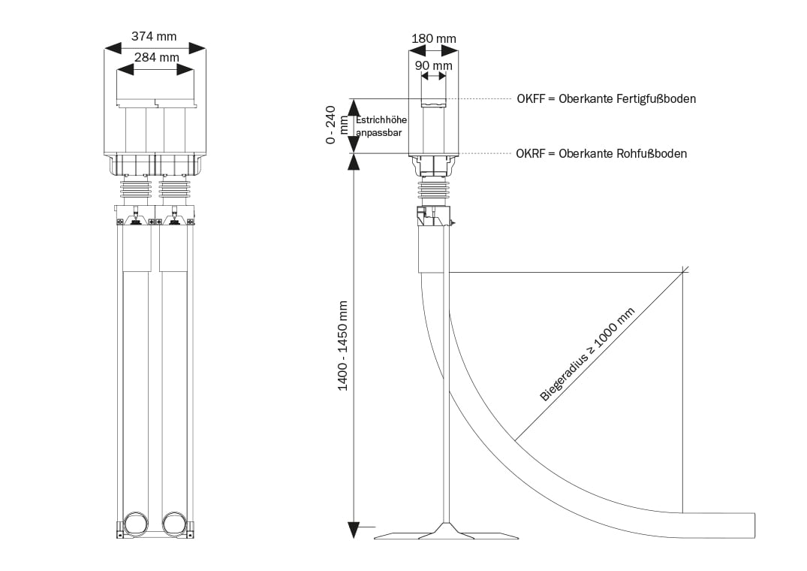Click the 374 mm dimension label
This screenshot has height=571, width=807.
coord(155,35)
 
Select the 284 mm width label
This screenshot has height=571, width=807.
coord(156,57)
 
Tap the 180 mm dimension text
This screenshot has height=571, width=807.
coord(433,38)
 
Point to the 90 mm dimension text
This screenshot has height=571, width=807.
coord(433,65)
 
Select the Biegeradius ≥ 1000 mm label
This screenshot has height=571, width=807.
coord(587,355)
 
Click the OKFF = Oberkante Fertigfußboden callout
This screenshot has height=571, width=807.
coord(606,98)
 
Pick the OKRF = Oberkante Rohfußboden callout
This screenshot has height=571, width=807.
coord(601,153)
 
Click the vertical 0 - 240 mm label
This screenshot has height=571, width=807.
coord(338,125)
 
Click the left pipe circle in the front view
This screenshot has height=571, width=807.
coord(137,523)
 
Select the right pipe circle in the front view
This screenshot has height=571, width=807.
coord(174,523)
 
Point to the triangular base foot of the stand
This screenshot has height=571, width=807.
coord(446,532)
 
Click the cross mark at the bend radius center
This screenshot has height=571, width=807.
coord(683,271)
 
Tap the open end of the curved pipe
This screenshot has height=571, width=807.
coord(753,524)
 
